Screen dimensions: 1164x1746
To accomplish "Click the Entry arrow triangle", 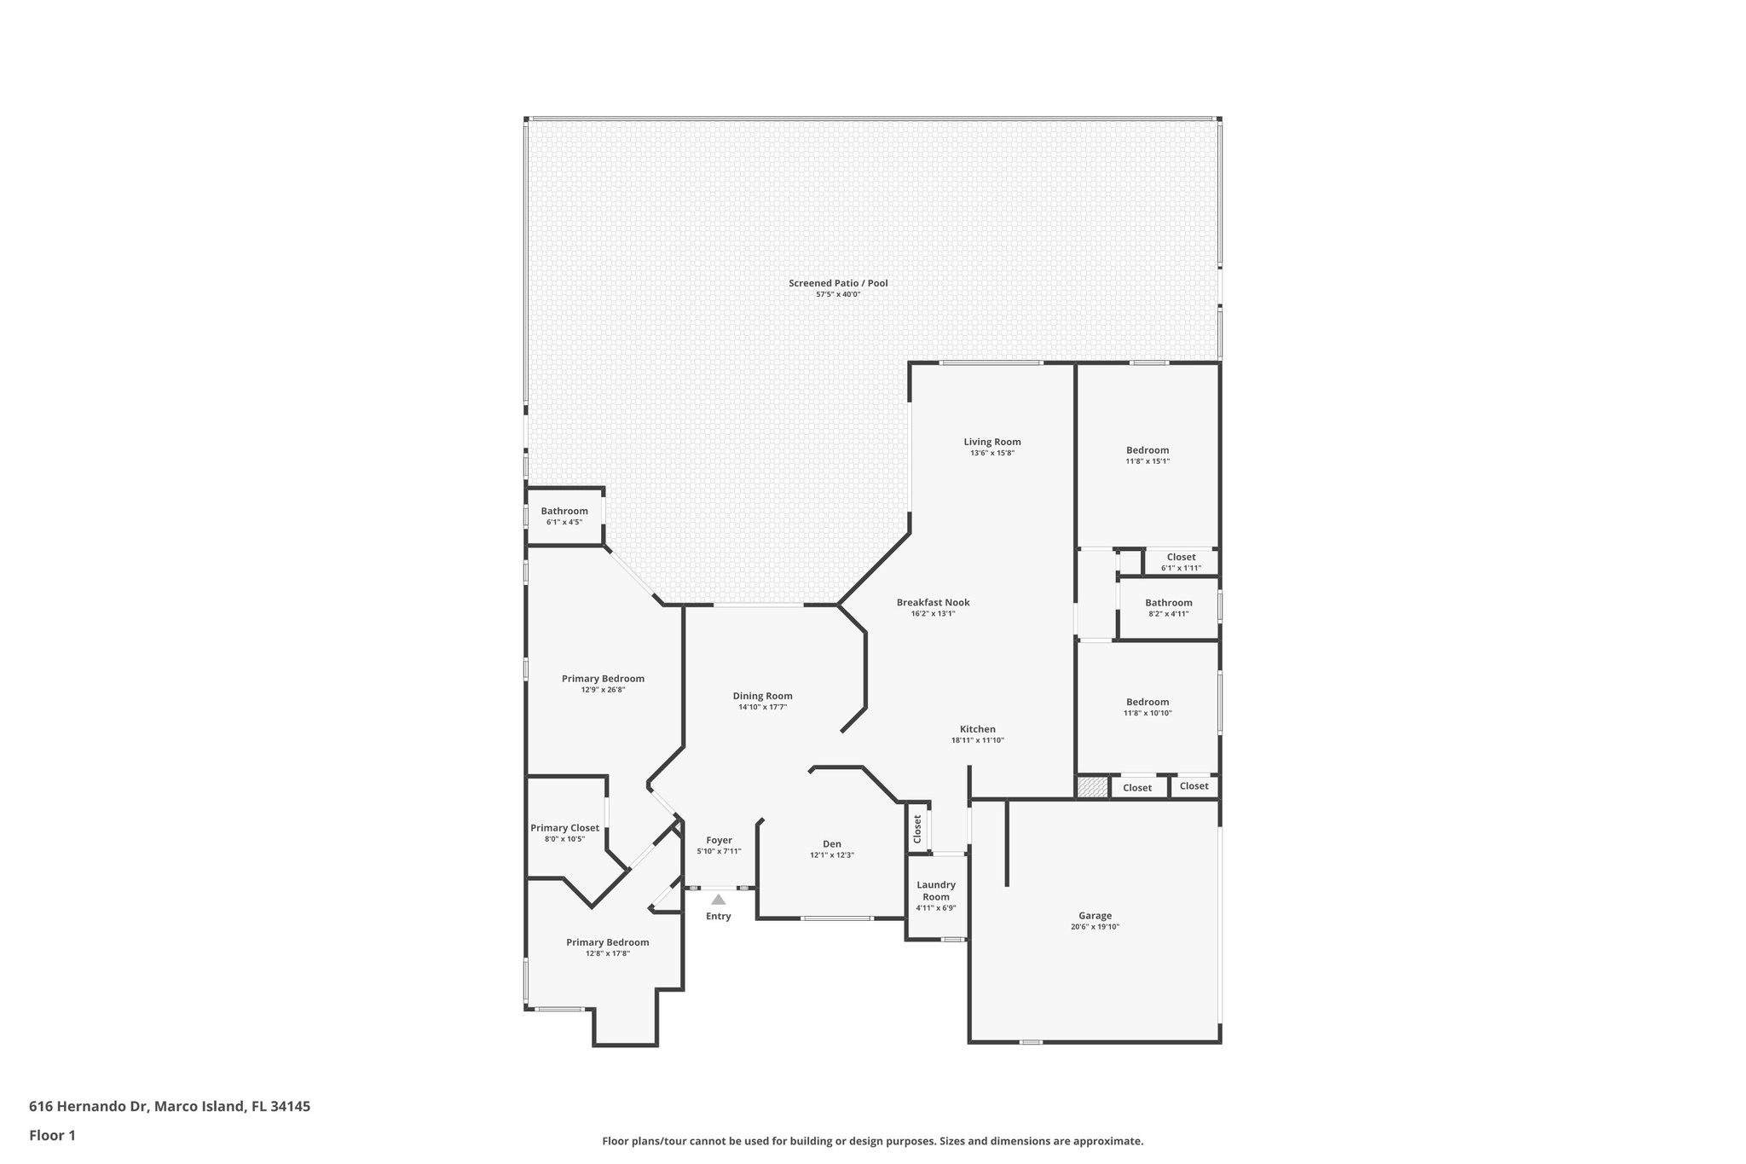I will pyautogui.click(x=719, y=899).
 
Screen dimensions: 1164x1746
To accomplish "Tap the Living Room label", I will pyautogui.click(x=992, y=442).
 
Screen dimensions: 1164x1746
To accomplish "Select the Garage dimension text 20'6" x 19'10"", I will pyautogui.click(x=1095, y=927).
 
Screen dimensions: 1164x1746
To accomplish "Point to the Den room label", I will pyautogui.click(x=832, y=844).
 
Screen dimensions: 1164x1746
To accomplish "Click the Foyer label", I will pyautogui.click(x=719, y=840).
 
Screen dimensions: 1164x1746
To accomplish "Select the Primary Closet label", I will pyautogui.click(x=564, y=828).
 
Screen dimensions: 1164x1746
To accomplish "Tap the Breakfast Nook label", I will pyautogui.click(x=933, y=602).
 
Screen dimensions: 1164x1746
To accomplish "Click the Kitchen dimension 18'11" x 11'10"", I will pyautogui.click(x=978, y=740).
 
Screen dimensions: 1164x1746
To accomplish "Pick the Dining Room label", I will pyautogui.click(x=762, y=696).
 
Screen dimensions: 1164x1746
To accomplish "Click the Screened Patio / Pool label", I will pyautogui.click(x=838, y=283).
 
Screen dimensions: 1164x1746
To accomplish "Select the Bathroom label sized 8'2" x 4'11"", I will pyautogui.click(x=1168, y=603).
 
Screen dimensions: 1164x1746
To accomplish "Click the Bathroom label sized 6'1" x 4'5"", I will pyautogui.click(x=564, y=511).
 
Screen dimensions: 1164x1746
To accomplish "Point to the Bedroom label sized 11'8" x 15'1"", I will pyautogui.click(x=1147, y=450).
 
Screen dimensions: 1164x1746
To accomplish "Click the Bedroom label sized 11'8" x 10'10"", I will pyautogui.click(x=1147, y=702).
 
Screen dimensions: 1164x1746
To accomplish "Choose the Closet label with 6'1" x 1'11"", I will pyautogui.click(x=1181, y=557).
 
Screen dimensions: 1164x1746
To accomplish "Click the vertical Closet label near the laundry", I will pyautogui.click(x=917, y=829).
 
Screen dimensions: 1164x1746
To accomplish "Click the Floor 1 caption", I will pyautogui.click(x=52, y=1135).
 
